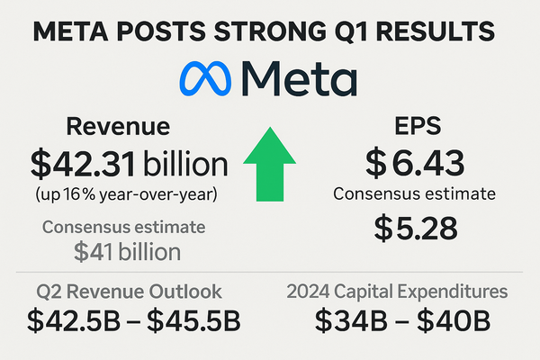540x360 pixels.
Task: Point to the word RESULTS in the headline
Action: click(441, 31)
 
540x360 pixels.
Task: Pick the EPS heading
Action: click(416, 127)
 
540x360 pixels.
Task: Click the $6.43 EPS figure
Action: click(416, 163)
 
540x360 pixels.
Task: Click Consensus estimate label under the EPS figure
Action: click(416, 193)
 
